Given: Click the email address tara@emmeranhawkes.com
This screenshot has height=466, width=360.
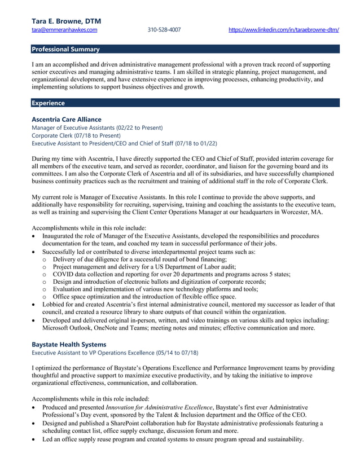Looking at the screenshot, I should [64, 30].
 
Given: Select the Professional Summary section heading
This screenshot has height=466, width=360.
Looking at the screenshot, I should [65, 49].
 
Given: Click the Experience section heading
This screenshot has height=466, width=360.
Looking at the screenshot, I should [48, 103].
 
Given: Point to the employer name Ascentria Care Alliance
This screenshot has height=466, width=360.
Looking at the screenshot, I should [67, 120].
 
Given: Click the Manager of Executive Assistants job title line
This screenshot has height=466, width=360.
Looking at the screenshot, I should [97, 128].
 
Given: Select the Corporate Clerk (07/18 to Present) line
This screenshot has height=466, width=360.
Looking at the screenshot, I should [76, 135].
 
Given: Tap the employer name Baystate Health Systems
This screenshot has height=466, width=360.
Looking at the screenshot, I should [69, 344].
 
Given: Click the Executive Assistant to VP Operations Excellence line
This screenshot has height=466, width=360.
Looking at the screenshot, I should [115, 353].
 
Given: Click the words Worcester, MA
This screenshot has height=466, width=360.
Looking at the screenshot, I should [290, 212].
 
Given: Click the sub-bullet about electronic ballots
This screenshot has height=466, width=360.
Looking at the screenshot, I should [159, 282].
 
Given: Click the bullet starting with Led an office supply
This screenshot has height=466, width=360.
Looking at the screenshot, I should [173, 439].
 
